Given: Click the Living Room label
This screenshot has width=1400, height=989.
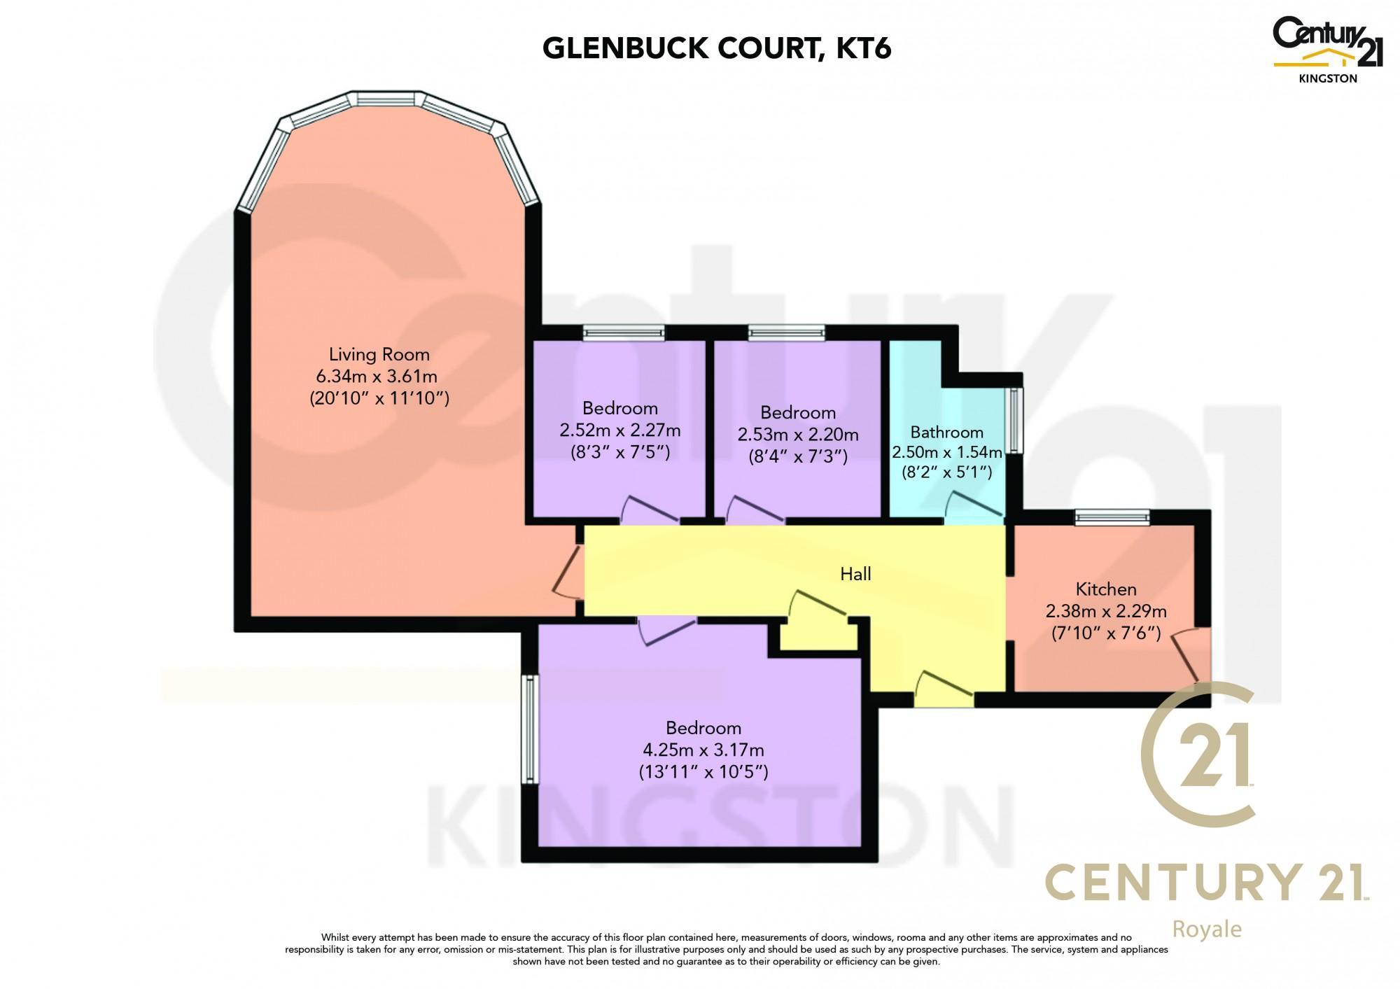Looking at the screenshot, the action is (379, 355).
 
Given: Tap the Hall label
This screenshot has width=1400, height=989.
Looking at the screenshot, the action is (855, 574).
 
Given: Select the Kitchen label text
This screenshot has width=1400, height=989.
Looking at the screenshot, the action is (1106, 589).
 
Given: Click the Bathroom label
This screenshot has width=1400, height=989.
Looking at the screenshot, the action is (946, 432).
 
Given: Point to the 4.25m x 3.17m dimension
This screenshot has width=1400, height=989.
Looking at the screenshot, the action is (703, 750).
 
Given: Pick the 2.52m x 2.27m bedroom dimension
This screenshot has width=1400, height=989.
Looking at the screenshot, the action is (620, 430).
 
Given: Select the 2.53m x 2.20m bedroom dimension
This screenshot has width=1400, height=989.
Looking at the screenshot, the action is (798, 435).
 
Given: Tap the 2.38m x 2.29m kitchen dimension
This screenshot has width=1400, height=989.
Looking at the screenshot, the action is (1106, 611).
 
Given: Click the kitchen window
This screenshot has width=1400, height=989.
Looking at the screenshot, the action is (1112, 517).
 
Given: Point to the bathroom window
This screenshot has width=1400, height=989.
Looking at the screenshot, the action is (1015, 420).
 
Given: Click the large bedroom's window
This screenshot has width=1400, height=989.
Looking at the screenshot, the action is (531, 729).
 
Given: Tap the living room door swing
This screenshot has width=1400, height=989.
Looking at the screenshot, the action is (567, 573).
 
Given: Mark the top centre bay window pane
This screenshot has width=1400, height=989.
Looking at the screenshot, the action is (386, 99).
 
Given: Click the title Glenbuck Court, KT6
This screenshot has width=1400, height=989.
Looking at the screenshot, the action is (717, 48).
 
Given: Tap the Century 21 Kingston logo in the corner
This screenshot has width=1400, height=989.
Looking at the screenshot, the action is (1327, 49).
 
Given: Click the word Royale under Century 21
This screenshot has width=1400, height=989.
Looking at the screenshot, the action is (1207, 930).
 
